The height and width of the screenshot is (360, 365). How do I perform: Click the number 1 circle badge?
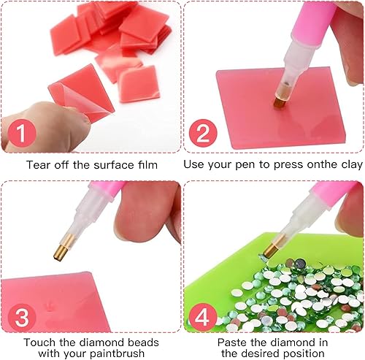click(22, 134)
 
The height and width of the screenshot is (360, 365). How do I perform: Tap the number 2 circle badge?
click(203, 134)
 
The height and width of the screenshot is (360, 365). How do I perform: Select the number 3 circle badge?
click(22, 318)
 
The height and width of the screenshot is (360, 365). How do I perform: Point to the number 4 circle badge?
click(203, 318)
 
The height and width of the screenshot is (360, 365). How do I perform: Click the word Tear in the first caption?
click(39, 165)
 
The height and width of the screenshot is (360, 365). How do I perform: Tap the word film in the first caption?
click(147, 165)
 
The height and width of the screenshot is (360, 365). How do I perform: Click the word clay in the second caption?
click(352, 165)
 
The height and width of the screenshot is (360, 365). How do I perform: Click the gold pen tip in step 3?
click(61, 250)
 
